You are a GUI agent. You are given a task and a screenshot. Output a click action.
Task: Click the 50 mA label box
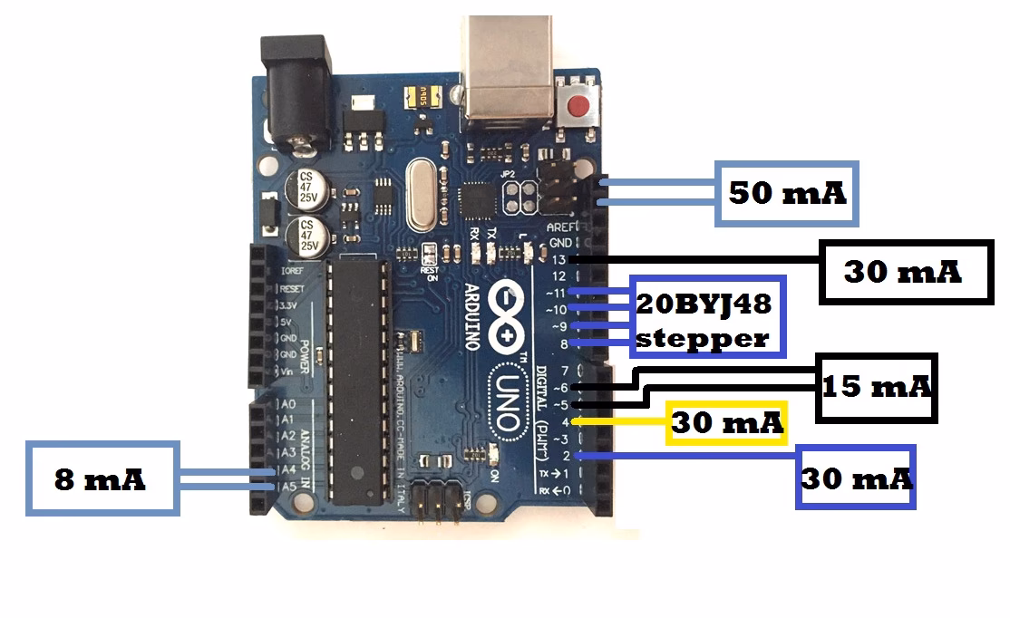tap(787, 193)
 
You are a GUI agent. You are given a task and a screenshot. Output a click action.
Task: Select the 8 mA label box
tap(102, 478)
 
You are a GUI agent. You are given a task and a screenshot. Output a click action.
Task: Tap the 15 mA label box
tap(877, 387)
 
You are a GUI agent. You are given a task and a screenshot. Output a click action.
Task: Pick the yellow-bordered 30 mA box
tap(726, 422)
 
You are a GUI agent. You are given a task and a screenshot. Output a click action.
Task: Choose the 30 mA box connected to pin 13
tap(903, 272)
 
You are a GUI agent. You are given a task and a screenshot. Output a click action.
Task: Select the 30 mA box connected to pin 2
tap(857, 477)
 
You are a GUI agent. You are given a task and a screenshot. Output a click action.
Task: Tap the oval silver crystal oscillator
tap(419, 194)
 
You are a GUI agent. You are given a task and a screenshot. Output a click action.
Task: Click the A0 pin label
tap(289, 403)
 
